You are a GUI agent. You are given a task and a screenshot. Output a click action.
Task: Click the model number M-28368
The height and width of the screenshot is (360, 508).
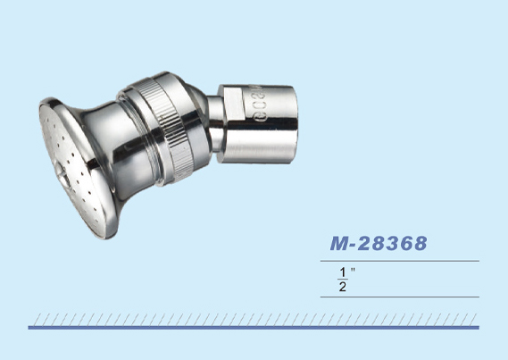379,243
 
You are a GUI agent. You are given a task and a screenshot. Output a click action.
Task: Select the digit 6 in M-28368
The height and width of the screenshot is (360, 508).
405,243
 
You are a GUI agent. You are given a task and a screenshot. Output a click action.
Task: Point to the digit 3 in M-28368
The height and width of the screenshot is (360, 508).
390,243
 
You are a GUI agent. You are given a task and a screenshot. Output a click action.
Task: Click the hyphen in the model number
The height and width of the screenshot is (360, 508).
354,246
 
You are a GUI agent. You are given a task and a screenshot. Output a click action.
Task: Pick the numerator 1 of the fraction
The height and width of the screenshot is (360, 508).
343,272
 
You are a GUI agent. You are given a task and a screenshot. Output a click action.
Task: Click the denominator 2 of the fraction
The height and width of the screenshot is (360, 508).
343,287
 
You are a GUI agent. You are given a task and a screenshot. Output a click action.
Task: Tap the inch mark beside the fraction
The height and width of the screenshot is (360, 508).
353,270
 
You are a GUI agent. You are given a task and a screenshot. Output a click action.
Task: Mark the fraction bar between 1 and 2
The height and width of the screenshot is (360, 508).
343,280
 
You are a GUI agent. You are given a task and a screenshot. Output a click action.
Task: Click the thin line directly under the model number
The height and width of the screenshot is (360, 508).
400,261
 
